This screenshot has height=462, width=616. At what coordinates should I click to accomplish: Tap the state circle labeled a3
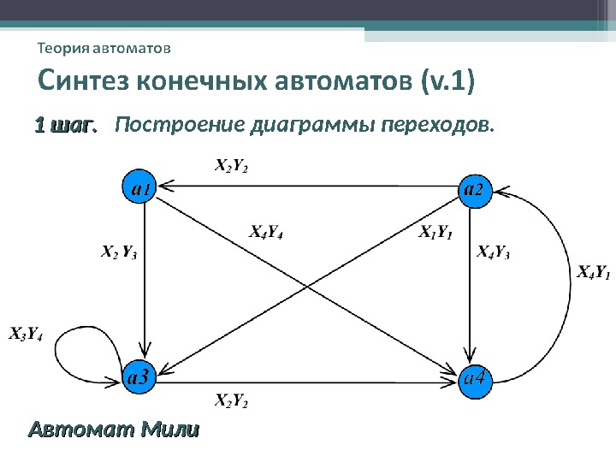pos(139,376)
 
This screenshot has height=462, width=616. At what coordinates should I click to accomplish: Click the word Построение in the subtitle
pos(179,127)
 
